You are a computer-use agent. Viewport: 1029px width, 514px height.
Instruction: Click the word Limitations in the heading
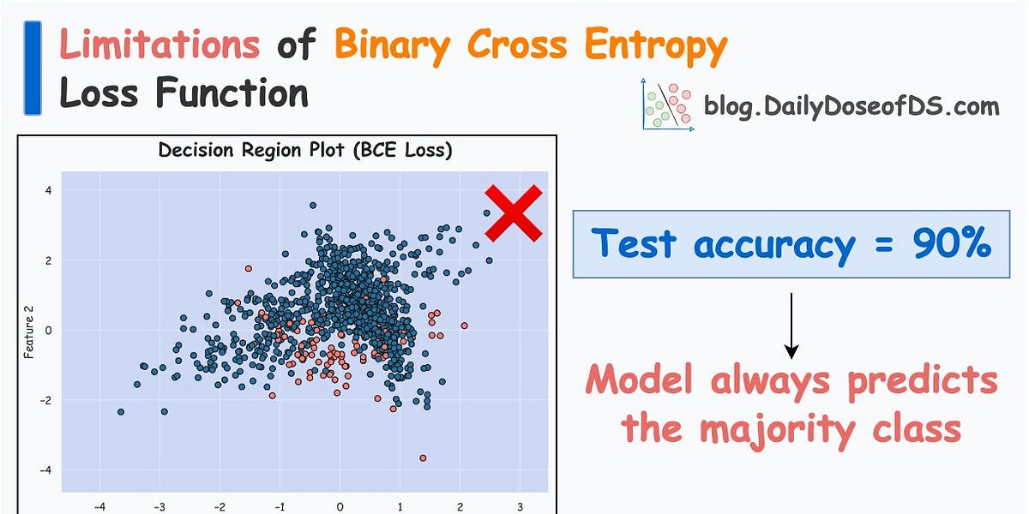click(x=159, y=45)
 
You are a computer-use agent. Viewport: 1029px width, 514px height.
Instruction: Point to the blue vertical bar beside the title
click(x=33, y=69)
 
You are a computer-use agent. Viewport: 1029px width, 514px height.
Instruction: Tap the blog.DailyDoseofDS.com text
click(x=851, y=107)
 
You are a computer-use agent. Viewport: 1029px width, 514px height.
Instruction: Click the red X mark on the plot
click(x=514, y=213)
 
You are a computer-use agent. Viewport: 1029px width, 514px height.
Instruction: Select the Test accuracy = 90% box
click(x=791, y=244)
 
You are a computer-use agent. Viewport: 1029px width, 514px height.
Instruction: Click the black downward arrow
click(x=791, y=326)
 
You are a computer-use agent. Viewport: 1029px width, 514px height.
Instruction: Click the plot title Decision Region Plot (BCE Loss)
click(x=304, y=152)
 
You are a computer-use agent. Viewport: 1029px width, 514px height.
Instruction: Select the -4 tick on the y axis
click(x=46, y=470)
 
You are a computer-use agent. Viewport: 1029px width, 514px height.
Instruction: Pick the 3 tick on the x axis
click(x=520, y=506)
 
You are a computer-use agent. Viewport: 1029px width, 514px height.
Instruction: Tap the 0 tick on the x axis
click(x=340, y=506)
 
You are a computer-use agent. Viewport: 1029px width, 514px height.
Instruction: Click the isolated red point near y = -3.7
click(x=423, y=458)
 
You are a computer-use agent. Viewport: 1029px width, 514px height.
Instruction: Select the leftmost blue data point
click(x=121, y=412)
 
